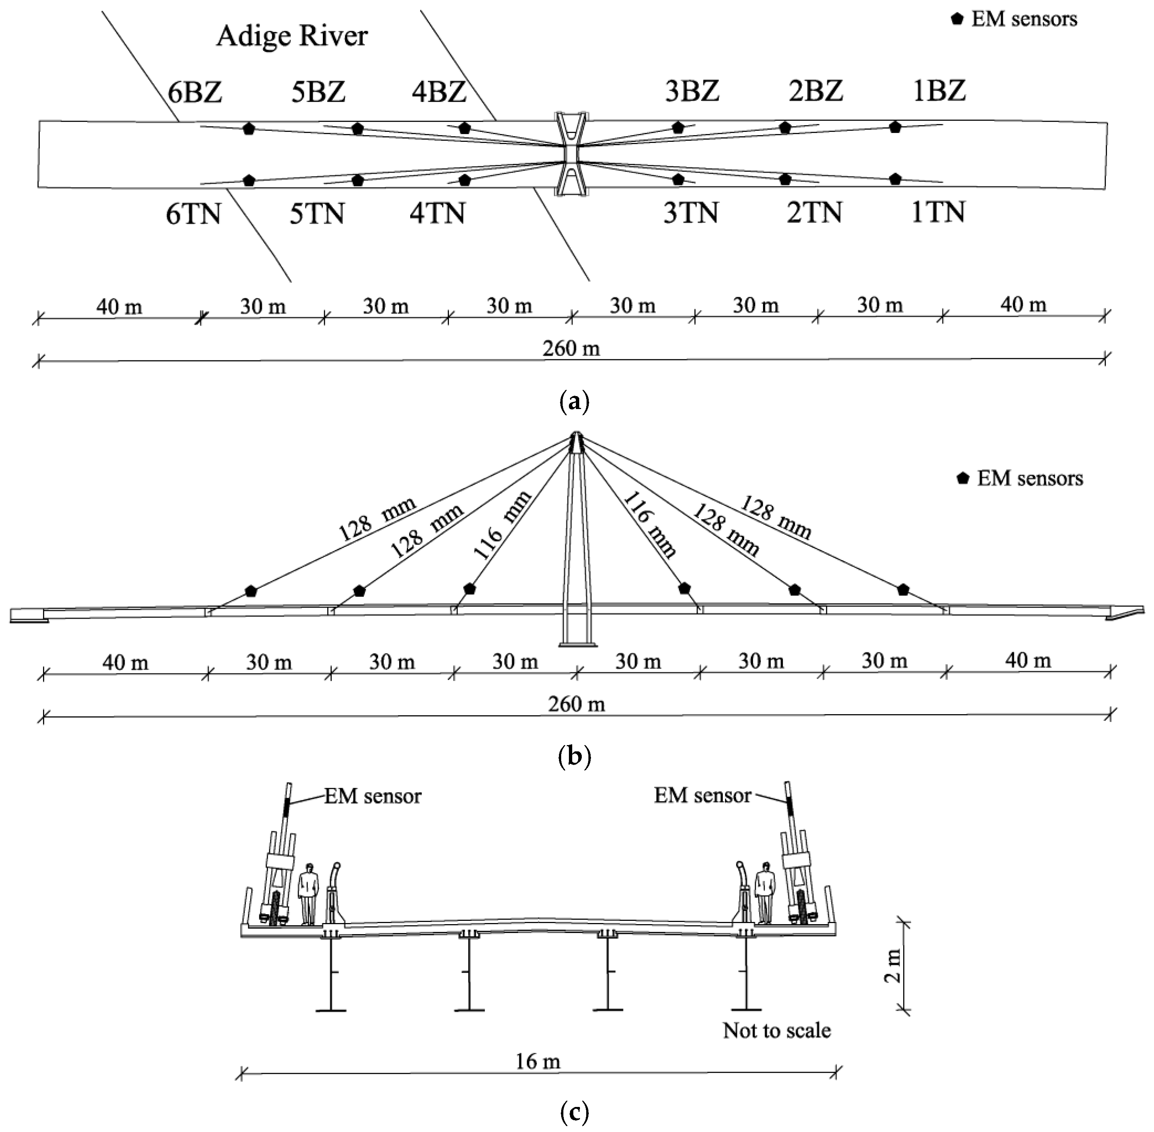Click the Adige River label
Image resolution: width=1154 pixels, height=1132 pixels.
(x=292, y=36)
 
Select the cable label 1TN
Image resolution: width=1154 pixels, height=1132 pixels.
(x=938, y=212)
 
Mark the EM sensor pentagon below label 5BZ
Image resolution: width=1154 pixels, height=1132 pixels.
(x=357, y=129)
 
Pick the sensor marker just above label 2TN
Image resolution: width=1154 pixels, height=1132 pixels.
(x=785, y=179)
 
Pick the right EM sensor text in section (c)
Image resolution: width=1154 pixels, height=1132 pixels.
(x=703, y=796)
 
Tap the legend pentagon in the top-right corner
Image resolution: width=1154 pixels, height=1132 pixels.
(x=957, y=19)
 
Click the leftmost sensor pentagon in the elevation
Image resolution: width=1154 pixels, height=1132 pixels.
(x=251, y=591)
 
